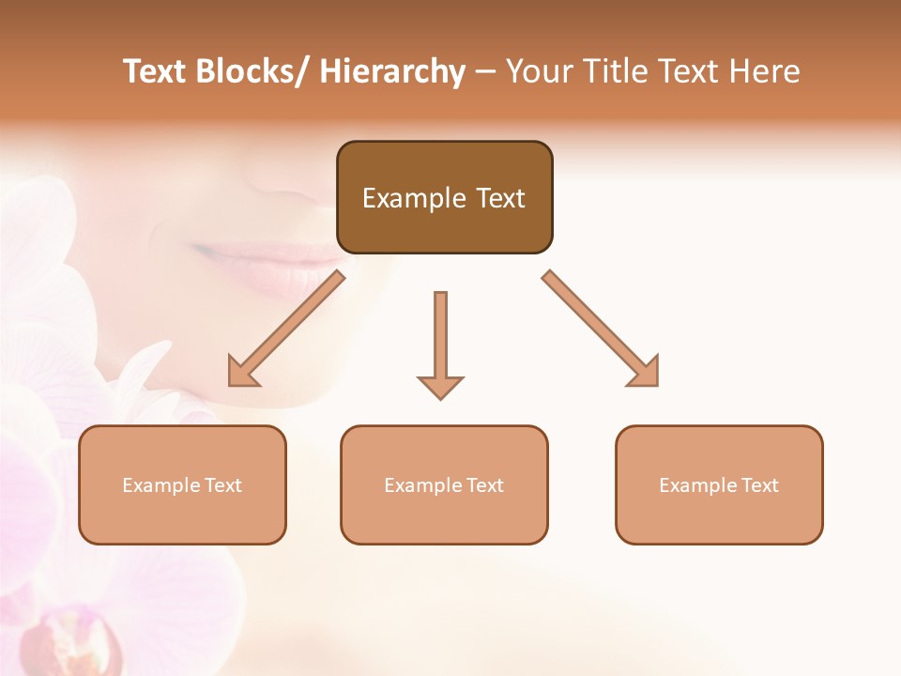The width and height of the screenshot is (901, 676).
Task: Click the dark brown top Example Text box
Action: (444, 197)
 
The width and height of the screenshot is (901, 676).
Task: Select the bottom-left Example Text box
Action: (182, 484)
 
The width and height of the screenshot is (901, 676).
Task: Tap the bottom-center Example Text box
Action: (444, 484)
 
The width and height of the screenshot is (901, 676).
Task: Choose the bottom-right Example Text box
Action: (719, 484)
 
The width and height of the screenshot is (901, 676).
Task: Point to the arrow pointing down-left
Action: (286, 329)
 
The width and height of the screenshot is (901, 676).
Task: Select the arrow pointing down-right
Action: (601, 329)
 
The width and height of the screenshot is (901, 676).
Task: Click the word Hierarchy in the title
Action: (392, 71)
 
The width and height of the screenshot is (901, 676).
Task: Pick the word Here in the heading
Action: (764, 71)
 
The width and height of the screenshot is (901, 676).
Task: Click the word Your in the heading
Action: (539, 71)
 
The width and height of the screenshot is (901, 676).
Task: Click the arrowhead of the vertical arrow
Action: (440, 387)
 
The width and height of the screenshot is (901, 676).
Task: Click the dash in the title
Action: (485, 71)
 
